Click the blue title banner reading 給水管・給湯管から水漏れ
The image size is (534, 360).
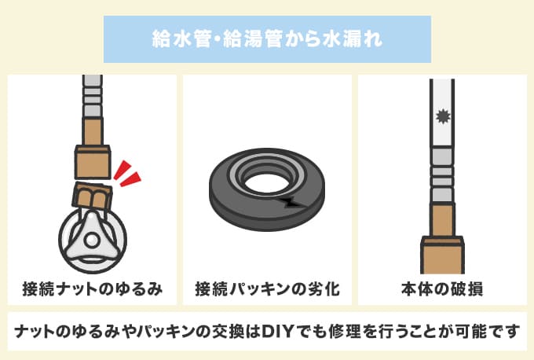(x=267, y=39)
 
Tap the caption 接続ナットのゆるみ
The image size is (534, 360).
(x=93, y=289)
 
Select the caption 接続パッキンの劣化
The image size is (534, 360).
(x=267, y=289)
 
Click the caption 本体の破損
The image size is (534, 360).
(x=442, y=289)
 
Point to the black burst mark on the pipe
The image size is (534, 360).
(x=443, y=116)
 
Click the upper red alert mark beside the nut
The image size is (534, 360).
(x=123, y=170)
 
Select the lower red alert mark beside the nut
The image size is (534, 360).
(x=130, y=179)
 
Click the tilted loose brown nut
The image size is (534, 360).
(x=93, y=196)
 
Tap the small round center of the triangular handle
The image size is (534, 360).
(x=91, y=241)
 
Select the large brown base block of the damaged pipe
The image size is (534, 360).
(x=442, y=255)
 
